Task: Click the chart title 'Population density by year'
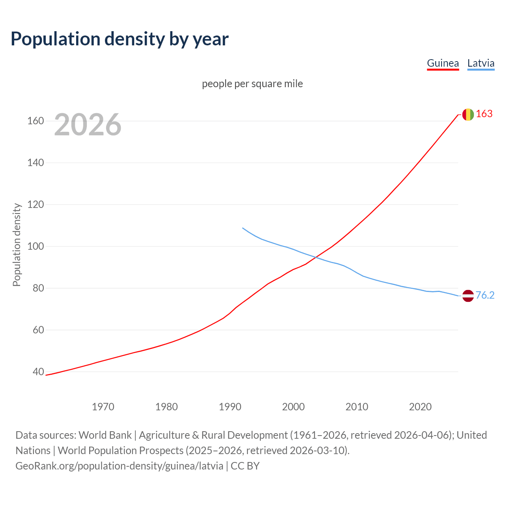pyautogui.click(x=120, y=39)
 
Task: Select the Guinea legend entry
pyautogui.click(x=443, y=63)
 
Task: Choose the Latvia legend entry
pyautogui.click(x=481, y=63)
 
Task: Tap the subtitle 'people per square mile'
pyautogui.click(x=252, y=84)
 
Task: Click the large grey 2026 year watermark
pyautogui.click(x=88, y=125)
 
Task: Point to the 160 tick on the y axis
pyautogui.click(x=36, y=121)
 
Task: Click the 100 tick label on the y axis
pyautogui.click(x=36, y=247)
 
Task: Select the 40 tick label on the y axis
pyautogui.click(x=38, y=372)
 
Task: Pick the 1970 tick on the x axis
pyautogui.click(x=103, y=407)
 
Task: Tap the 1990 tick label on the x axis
pyautogui.click(x=230, y=407)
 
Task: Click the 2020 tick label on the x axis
pyautogui.click(x=420, y=407)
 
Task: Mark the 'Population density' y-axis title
pyautogui.click(x=17, y=245)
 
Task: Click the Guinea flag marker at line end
pyautogui.click(x=468, y=114)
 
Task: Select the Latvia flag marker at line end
pyautogui.click(x=468, y=296)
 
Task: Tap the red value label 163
pyautogui.click(x=484, y=114)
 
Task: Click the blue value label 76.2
pyautogui.click(x=485, y=296)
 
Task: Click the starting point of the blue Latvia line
pyautogui.click(x=243, y=228)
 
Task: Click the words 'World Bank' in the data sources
pyautogui.click(x=105, y=435)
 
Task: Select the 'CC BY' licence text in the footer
pyautogui.click(x=245, y=466)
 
